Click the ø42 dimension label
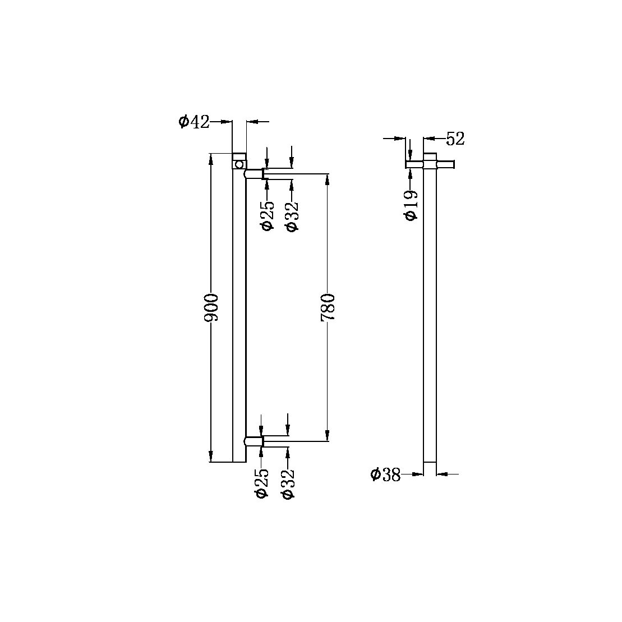point(194,122)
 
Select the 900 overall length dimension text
point(211,307)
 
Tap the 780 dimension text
point(328,307)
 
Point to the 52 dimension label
point(455,139)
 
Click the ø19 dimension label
point(411,205)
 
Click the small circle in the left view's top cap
point(239,164)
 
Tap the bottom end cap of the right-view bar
point(429,468)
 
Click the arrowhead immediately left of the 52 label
point(430,137)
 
